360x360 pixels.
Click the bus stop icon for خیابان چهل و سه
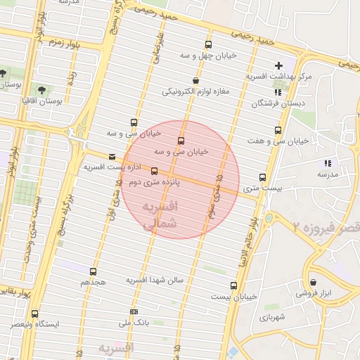[207, 44]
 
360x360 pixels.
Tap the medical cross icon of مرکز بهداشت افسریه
[279, 65]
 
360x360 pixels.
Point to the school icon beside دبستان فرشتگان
[278, 91]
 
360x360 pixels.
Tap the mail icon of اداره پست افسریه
[112, 157]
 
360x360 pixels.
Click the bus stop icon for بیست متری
[263, 177]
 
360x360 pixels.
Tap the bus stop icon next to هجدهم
[93, 271]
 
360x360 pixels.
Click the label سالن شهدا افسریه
[155, 280]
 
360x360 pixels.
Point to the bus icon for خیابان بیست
[234, 285]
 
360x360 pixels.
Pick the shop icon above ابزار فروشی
[313, 283]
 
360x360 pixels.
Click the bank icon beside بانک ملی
[134, 312]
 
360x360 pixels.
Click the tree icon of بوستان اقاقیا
[41, 90]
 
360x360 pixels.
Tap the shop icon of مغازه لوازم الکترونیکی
[195, 80]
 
